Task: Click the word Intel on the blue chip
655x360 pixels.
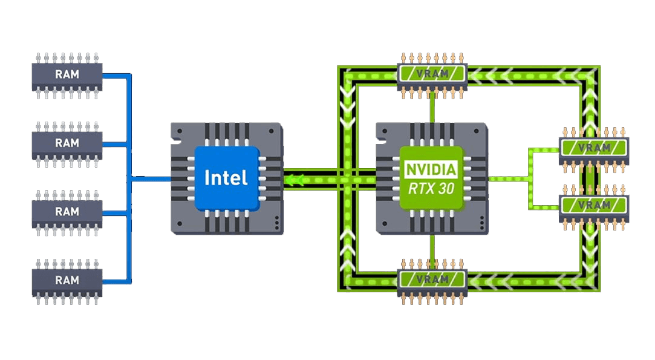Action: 226,178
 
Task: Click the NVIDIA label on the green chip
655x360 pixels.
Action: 431,170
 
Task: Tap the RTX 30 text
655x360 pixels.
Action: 431,189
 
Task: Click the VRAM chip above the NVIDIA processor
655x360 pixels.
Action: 432,76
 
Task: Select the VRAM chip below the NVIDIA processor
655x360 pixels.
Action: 432,281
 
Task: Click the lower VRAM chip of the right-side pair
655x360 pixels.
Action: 593,207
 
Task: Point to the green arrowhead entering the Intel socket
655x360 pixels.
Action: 294,180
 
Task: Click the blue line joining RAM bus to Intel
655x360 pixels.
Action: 151,179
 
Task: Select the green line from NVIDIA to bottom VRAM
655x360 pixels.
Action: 432,247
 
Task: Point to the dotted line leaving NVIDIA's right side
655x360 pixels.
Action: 510,179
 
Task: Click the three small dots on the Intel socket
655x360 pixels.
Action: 276,223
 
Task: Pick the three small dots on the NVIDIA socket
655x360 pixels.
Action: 481,223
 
